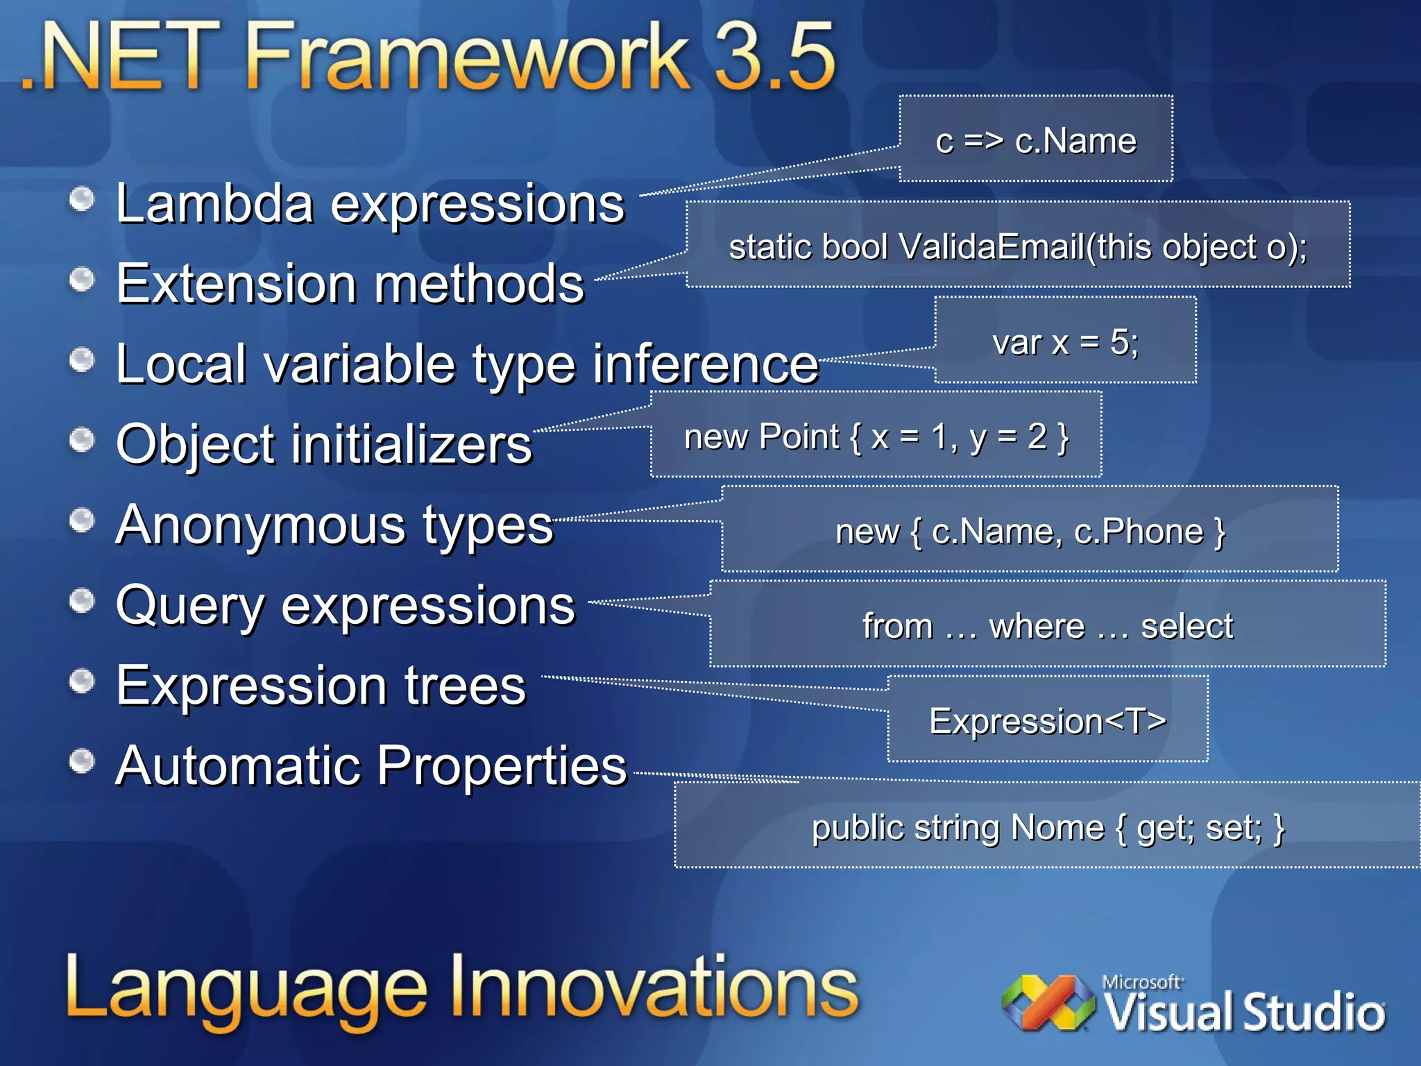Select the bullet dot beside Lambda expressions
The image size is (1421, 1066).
click(82, 200)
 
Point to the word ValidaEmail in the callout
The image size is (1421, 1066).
click(992, 247)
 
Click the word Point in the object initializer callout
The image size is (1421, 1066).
click(799, 437)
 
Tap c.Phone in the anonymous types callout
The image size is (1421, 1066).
click(1139, 532)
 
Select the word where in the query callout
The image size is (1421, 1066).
click(1037, 627)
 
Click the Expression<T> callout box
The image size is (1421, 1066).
click(1047, 720)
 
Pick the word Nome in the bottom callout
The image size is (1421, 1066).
click(1057, 827)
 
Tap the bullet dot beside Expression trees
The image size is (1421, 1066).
click(82, 681)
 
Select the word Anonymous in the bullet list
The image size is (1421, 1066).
click(261, 525)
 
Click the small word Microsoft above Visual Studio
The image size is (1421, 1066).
click(1141, 982)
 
